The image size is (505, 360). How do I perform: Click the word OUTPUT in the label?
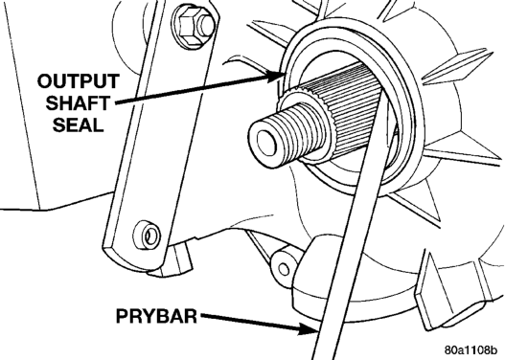pos(79,81)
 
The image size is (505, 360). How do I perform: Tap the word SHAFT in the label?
pos(78,103)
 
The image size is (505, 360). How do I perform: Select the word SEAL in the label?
pos(79,124)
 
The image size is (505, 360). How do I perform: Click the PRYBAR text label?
pos(156,316)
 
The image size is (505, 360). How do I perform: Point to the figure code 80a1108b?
pos(471,349)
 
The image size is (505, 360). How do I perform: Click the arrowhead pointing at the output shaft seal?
pos(277,76)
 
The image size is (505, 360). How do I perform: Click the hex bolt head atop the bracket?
pos(193,26)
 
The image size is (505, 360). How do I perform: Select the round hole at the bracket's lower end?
pos(147,236)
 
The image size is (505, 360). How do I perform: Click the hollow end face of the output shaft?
pos(266,144)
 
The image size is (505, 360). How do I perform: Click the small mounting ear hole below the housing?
pos(284,269)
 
